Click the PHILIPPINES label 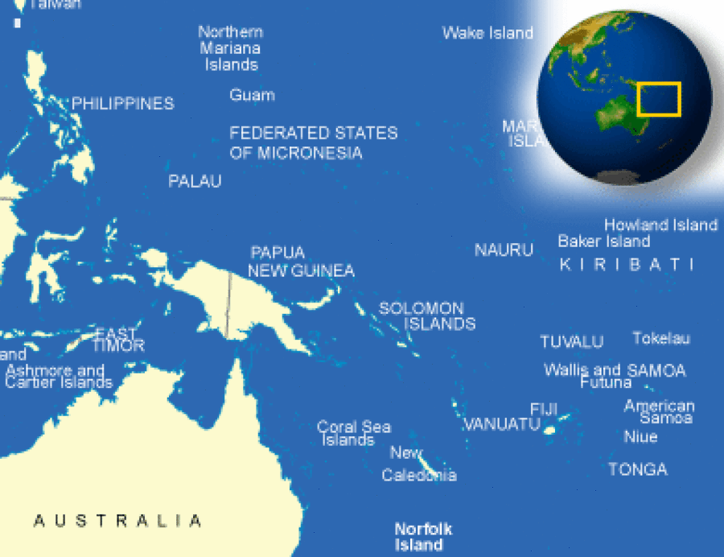coord(122,104)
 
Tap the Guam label coord(252,95)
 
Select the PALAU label coord(195,182)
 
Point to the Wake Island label coord(487,33)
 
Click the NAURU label coord(504,250)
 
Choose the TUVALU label coord(571,342)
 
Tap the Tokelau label coord(661,339)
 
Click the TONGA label coord(638,469)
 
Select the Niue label coord(640,437)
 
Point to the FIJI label coord(544,409)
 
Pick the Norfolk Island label coord(423,537)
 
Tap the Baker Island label coord(604,241)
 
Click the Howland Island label coord(660,225)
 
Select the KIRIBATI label coord(626,265)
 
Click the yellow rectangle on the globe coord(659,99)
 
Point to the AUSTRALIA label coord(117,521)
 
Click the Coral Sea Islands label coord(352,434)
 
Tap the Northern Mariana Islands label coord(231,48)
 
